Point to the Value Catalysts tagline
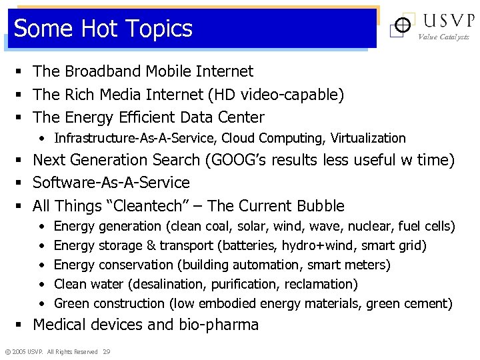pos(443,37)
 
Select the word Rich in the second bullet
pos(81,95)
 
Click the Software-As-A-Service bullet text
pos(111,183)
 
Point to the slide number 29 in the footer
pos(107,351)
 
